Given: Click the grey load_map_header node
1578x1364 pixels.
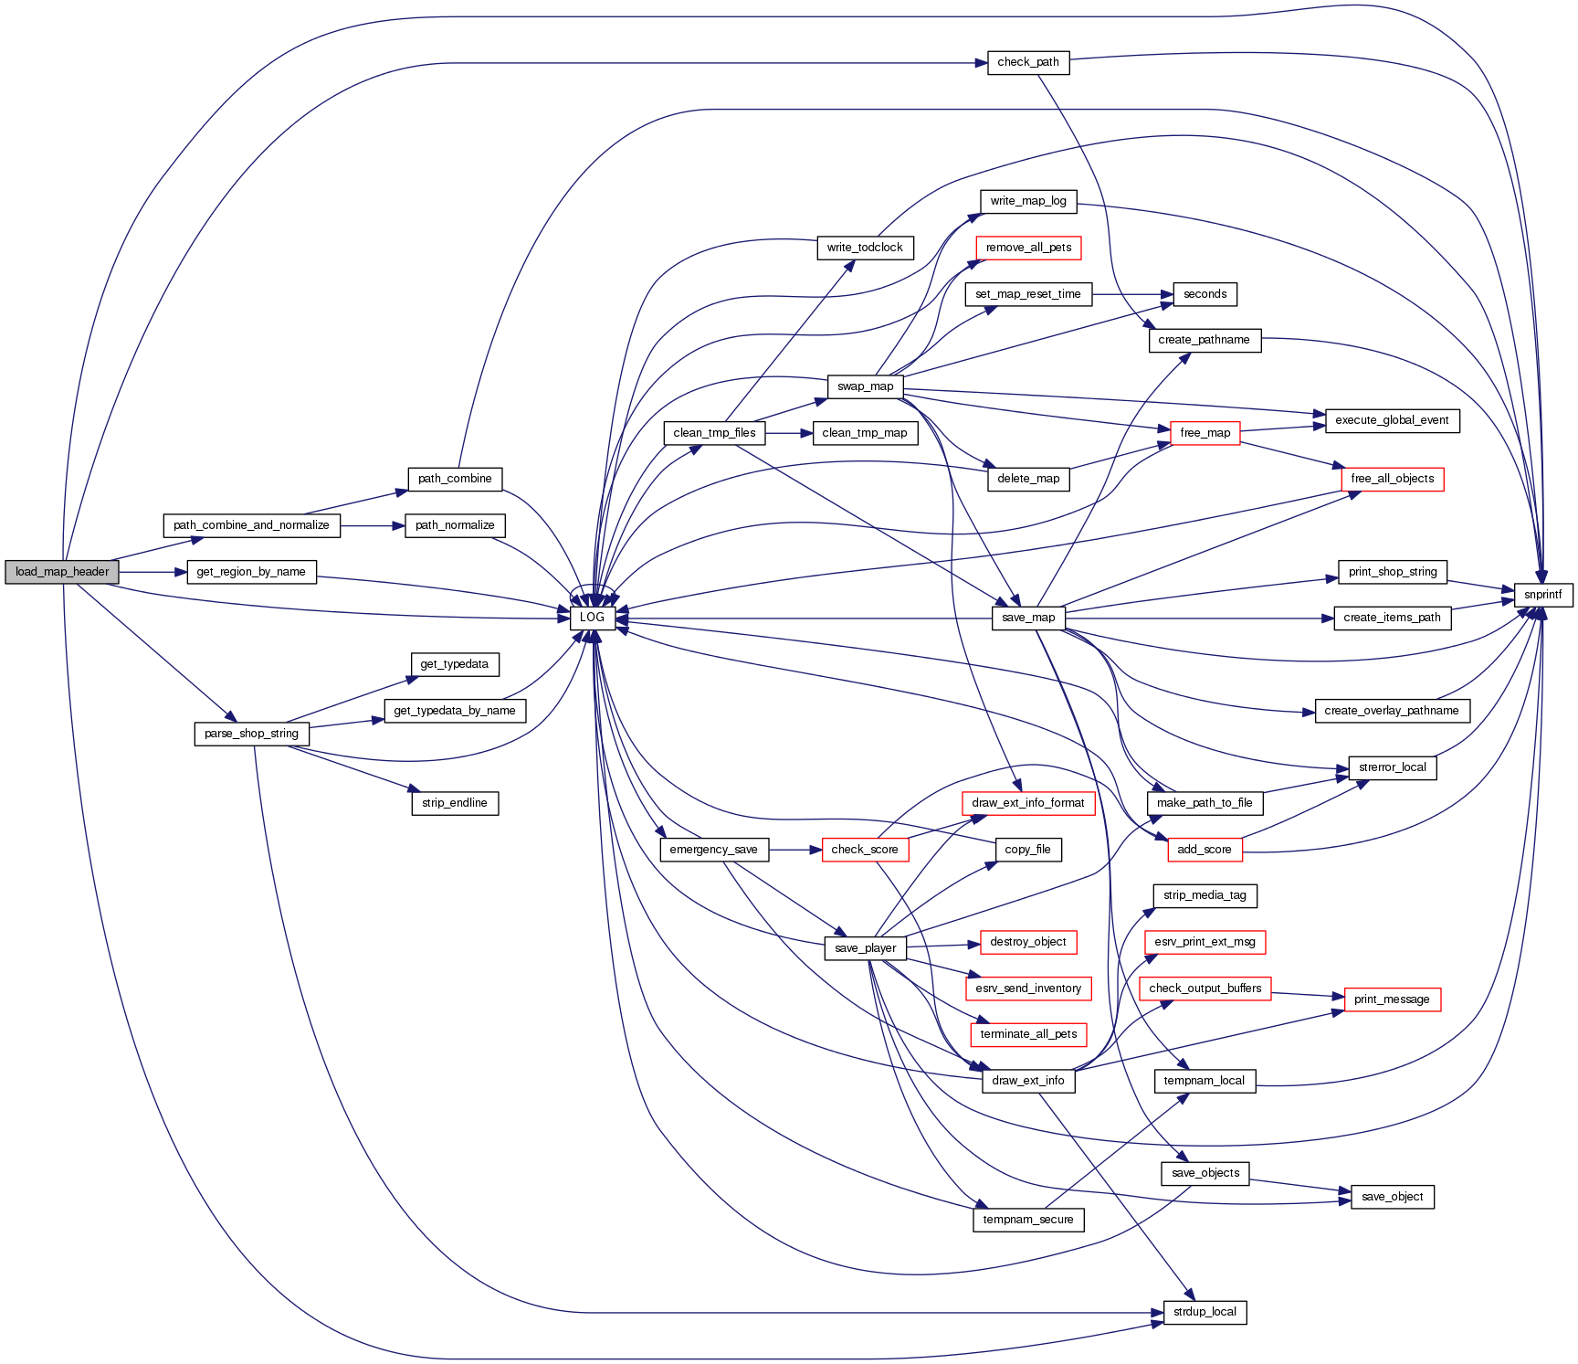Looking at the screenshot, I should tap(62, 572).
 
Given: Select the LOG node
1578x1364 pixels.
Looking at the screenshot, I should tap(592, 618).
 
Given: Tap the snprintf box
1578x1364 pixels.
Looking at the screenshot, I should tap(1542, 595).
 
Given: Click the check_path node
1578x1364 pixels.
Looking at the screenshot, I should tap(1027, 62).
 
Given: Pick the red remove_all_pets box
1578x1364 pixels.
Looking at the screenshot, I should tap(1028, 248).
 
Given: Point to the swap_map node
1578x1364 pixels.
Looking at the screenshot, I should tap(865, 386).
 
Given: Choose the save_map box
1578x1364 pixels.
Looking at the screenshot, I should tap(1027, 618).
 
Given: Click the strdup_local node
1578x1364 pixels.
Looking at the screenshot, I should tap(1205, 1312).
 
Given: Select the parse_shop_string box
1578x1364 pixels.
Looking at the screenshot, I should tap(251, 734).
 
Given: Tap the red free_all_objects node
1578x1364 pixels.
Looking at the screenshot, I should tap(1392, 479).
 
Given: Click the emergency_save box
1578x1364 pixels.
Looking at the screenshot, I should tap(713, 850).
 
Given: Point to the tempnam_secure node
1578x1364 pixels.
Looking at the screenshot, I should tap(1027, 1220).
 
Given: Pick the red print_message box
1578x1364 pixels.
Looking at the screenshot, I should tap(1392, 999).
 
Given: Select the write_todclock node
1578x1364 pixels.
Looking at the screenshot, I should tap(864, 248).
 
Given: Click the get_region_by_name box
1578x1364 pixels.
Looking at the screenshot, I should tap(251, 572).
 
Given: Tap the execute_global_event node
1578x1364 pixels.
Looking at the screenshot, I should tap(1392, 420).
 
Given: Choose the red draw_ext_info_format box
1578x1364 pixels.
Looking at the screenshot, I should tap(1027, 803).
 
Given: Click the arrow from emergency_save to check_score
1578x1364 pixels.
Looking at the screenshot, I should tap(794, 850).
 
